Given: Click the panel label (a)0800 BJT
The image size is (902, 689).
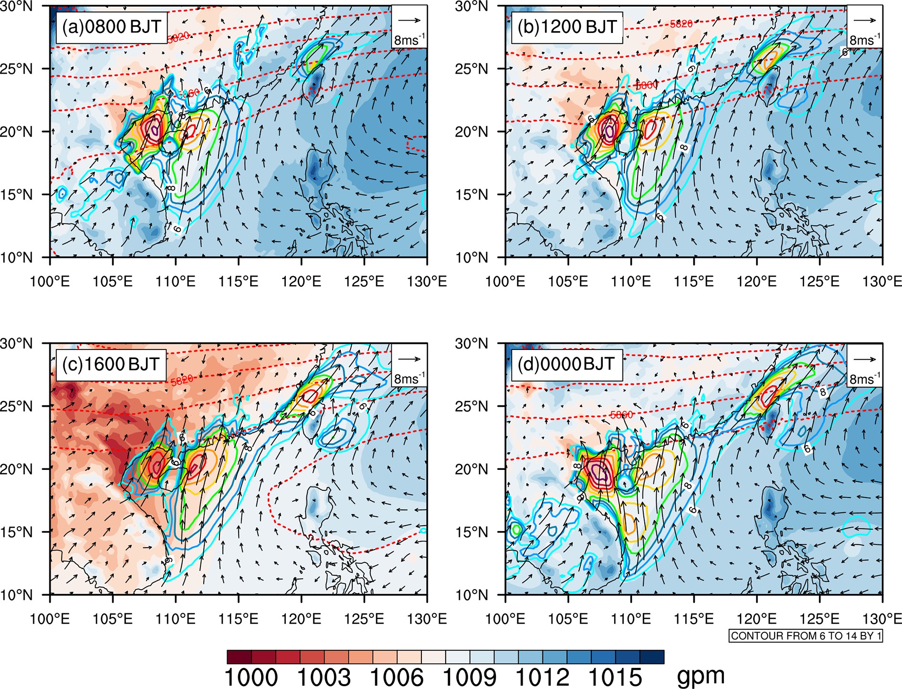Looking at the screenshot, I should [x=112, y=27].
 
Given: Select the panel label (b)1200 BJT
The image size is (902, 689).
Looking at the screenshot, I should [x=567, y=27].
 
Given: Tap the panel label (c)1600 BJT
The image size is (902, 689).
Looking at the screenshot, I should [x=111, y=364].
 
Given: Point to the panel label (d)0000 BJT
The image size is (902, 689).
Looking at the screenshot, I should [x=566, y=364].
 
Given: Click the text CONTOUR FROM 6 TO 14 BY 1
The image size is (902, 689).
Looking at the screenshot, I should [x=806, y=636].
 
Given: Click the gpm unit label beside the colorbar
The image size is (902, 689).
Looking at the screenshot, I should [x=701, y=675].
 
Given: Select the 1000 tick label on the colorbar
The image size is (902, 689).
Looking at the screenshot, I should [x=251, y=678].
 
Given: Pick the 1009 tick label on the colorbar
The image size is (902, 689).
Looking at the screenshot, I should [x=470, y=678].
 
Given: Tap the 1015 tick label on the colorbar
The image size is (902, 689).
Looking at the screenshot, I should [x=615, y=678].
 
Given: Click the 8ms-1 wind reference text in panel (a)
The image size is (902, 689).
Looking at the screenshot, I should [x=409, y=40].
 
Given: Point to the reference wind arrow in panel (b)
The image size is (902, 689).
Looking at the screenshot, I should [x=865, y=21].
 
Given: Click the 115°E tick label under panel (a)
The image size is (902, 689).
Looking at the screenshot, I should [x=238, y=282].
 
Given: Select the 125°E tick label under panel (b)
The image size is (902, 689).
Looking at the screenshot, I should [x=819, y=282].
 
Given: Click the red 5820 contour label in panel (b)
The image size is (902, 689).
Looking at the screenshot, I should [x=681, y=23].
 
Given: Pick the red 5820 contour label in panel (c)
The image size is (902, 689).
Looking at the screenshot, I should [x=182, y=380].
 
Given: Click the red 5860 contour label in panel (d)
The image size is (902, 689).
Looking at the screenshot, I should [x=621, y=415].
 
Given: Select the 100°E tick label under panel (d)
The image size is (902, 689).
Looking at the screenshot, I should [x=505, y=619].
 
